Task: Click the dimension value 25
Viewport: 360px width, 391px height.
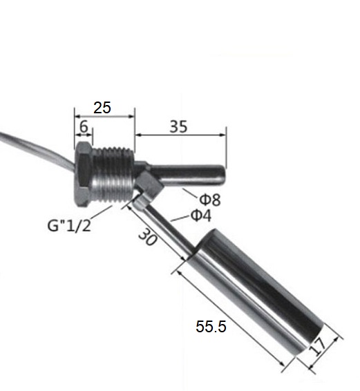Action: [x=102, y=108]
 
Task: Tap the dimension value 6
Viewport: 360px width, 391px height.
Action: [x=83, y=127]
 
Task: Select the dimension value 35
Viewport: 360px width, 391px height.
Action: [x=178, y=127]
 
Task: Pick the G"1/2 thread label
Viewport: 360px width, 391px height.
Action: [x=70, y=225]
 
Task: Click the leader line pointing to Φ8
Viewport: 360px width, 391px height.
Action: [x=191, y=193]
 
